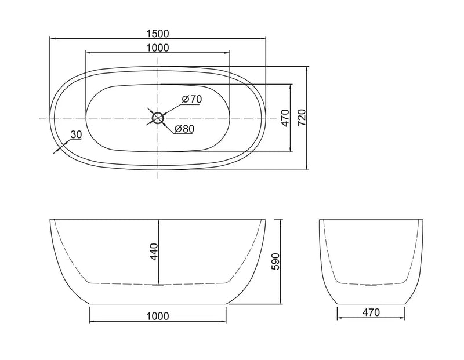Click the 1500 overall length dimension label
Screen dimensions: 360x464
coord(158,34)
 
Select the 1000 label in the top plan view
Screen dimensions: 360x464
coord(158,48)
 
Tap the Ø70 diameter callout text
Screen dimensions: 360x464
coord(191,99)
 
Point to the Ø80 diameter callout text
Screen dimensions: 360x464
coord(184,129)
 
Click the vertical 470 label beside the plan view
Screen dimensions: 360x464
coord(284,118)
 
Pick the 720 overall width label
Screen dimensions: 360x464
coord(301,118)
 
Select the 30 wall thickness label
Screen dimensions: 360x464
coord(75,134)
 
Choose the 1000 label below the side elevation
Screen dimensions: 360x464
coord(158,316)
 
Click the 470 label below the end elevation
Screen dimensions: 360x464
coord(371,313)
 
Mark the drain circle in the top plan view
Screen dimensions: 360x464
coord(158,118)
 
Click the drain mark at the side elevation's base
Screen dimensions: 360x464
coord(158,285)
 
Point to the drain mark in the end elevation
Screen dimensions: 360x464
coord(371,285)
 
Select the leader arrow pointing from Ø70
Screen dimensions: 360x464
coord(169,110)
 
